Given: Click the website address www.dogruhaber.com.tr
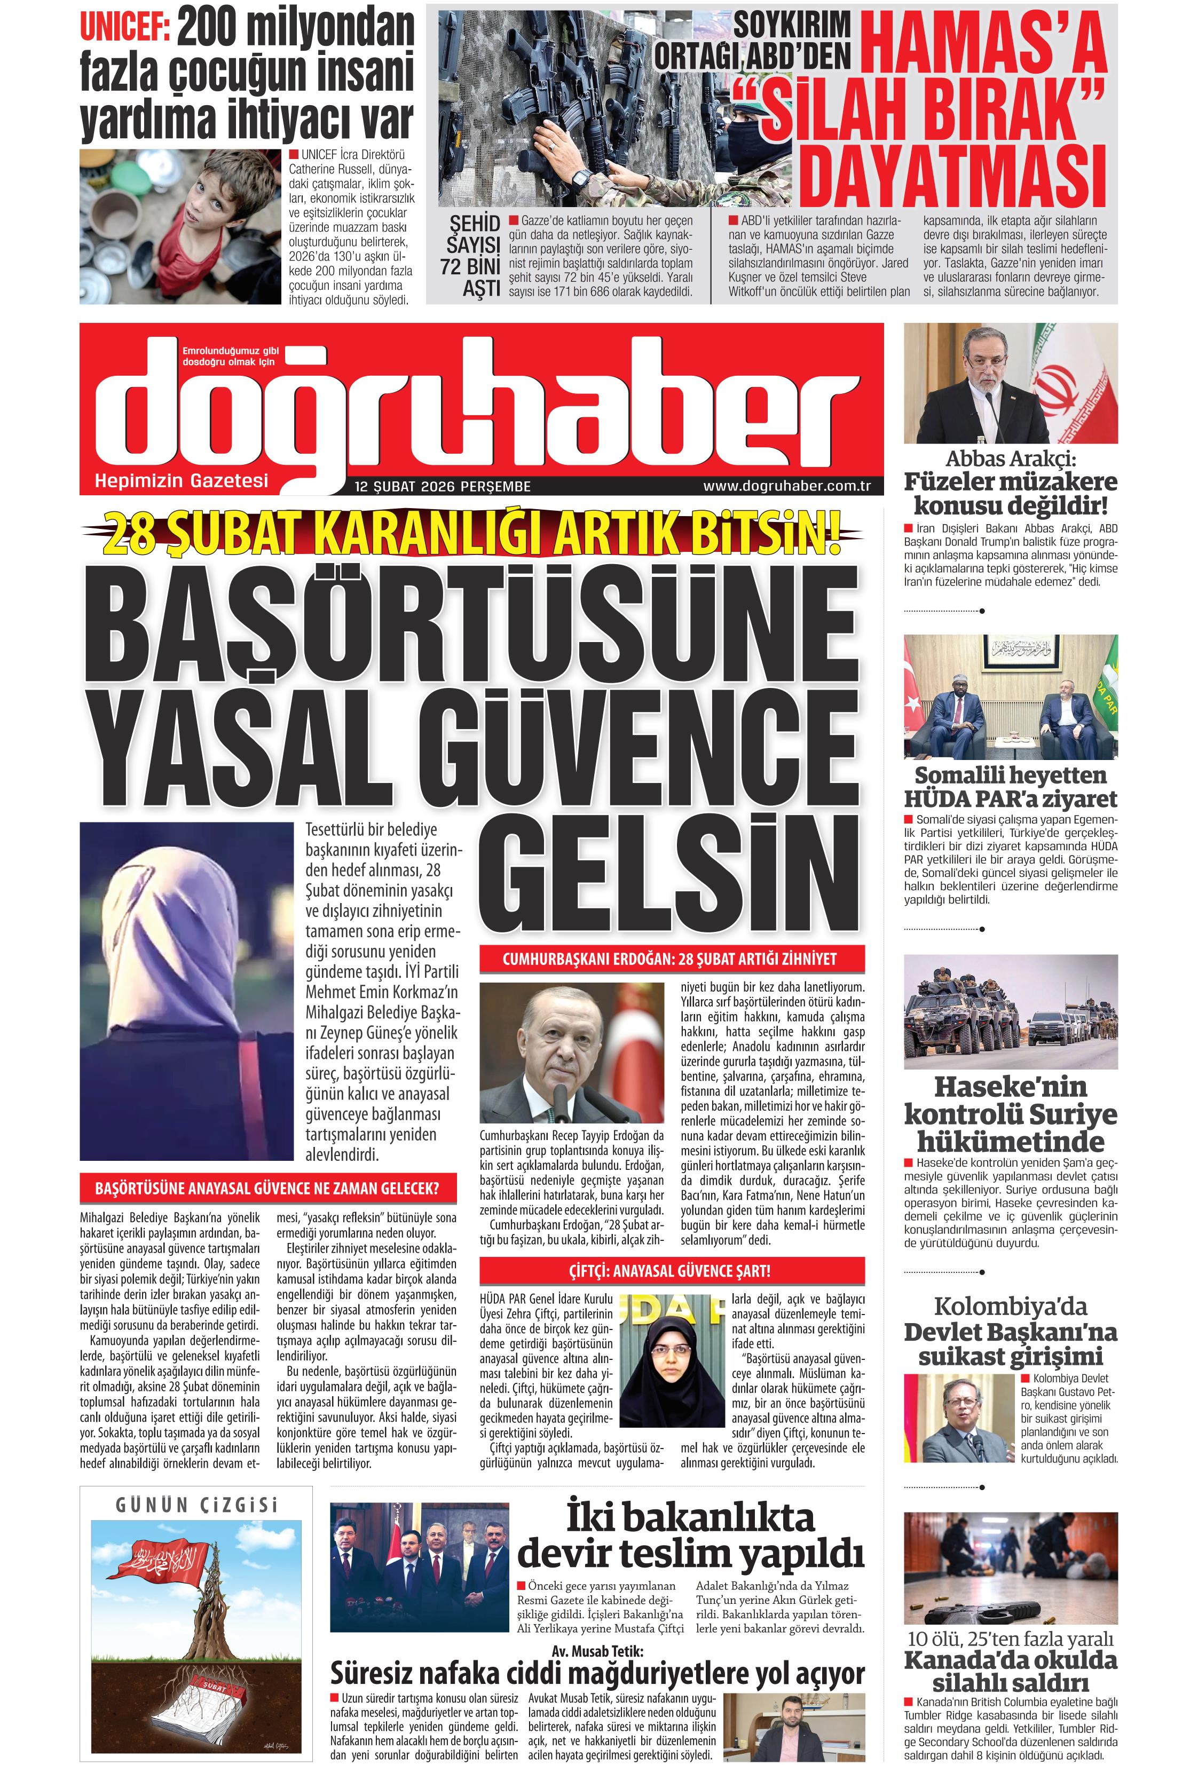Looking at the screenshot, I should pos(786,486).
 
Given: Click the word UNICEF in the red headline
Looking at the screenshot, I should pos(124,29).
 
